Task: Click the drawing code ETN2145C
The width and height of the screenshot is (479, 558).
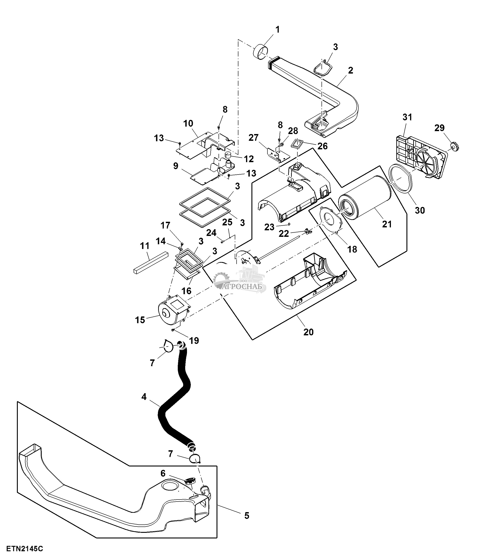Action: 25,549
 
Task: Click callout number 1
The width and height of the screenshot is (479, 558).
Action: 278,29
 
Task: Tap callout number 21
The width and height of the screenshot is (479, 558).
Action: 387,224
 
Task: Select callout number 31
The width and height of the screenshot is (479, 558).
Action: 408,117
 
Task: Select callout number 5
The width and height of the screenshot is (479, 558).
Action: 246,516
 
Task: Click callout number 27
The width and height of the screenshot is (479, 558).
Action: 253,138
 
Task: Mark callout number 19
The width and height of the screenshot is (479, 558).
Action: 194,341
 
